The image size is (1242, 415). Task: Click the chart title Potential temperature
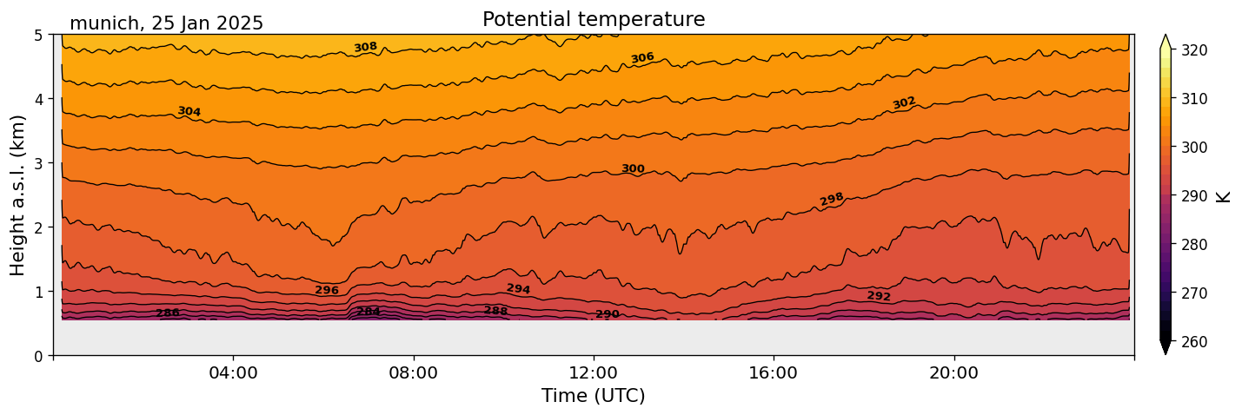594,20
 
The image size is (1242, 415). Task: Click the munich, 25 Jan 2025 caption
166,23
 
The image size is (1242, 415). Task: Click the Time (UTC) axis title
594,396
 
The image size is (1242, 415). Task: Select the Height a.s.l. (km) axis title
18,194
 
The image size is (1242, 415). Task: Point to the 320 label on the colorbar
1192,50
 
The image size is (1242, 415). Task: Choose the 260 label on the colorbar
1192,342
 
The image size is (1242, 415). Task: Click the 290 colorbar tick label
1192,196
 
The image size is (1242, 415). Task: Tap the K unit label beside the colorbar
1224,196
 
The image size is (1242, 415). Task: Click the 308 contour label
365,47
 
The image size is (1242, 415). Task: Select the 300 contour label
633,168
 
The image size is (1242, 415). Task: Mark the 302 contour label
904,103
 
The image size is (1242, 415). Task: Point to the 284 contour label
369,312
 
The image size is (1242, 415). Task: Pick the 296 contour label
327,291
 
